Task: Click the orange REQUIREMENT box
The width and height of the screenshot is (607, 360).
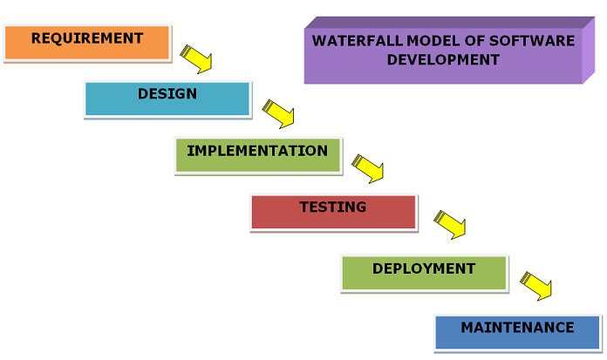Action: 87,43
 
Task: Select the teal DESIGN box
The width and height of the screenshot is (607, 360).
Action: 167,99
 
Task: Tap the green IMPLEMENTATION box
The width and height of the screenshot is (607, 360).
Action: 258,156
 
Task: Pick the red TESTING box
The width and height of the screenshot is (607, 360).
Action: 334,213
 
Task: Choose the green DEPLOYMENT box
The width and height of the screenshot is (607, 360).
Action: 424,274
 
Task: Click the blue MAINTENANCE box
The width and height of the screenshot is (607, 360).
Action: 517,333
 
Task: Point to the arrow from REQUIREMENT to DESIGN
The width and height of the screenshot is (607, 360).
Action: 196,59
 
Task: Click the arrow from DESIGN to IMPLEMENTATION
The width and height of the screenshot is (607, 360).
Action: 278,114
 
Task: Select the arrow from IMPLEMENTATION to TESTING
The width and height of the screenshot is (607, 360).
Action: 368,169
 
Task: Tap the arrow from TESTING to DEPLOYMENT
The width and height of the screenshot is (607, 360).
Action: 450,225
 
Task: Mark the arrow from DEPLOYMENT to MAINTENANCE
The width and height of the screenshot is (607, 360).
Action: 535,286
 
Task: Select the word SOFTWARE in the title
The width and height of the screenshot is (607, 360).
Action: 532,41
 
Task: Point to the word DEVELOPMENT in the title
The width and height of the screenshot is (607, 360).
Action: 443,59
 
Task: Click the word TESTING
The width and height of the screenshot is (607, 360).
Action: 333,207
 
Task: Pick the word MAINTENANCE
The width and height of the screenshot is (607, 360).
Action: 517,328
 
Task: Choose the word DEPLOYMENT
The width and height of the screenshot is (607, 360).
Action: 424,268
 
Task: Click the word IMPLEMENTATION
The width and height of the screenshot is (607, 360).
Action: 257,151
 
